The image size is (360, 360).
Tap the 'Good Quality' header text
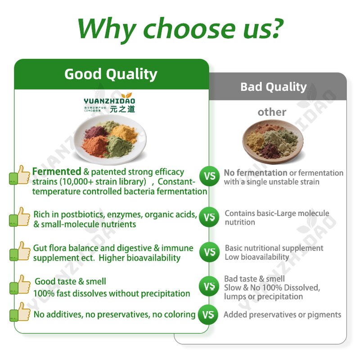tap(111, 74)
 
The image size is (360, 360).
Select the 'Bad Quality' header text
tap(273, 87)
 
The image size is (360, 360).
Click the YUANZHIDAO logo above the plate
tap(109, 104)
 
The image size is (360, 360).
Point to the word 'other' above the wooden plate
tap(272, 112)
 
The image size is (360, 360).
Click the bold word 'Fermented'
tap(57, 171)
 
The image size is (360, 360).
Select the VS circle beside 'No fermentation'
tap(210, 176)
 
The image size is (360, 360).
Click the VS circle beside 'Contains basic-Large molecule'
tap(210, 217)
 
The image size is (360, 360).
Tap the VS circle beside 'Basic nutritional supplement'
tap(210, 252)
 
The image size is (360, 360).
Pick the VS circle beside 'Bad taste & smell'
tap(210, 287)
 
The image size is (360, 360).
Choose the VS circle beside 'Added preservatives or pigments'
tap(210, 315)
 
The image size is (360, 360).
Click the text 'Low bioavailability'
tap(257, 257)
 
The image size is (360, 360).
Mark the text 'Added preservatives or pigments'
tap(282, 315)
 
